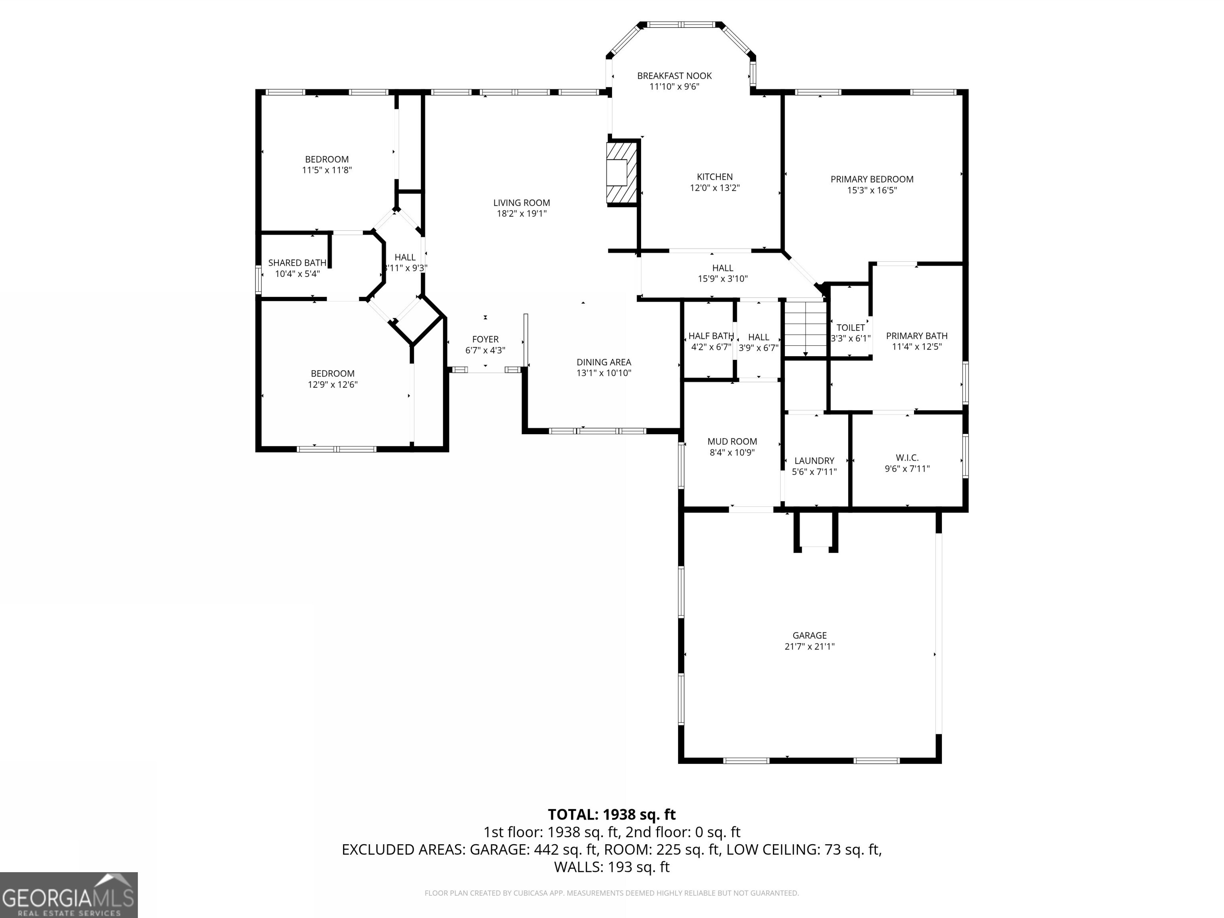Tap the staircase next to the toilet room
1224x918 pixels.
(x=805, y=329)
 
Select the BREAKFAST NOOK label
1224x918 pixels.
(x=674, y=76)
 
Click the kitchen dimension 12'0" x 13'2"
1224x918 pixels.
(x=714, y=188)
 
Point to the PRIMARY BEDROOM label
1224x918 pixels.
(x=871, y=179)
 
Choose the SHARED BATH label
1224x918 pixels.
(x=297, y=263)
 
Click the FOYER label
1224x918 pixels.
(x=485, y=339)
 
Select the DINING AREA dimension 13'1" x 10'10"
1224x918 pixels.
(x=604, y=373)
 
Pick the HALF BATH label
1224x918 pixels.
(x=710, y=336)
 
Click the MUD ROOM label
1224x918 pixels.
(x=732, y=441)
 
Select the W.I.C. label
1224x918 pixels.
(x=907, y=458)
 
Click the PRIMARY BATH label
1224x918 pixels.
(x=916, y=336)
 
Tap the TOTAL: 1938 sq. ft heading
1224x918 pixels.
(x=612, y=814)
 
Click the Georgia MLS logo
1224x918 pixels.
(x=68, y=895)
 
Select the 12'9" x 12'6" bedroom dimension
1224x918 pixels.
(x=333, y=384)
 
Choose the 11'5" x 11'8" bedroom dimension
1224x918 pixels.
(x=326, y=171)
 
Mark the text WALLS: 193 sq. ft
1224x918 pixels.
(x=612, y=867)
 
